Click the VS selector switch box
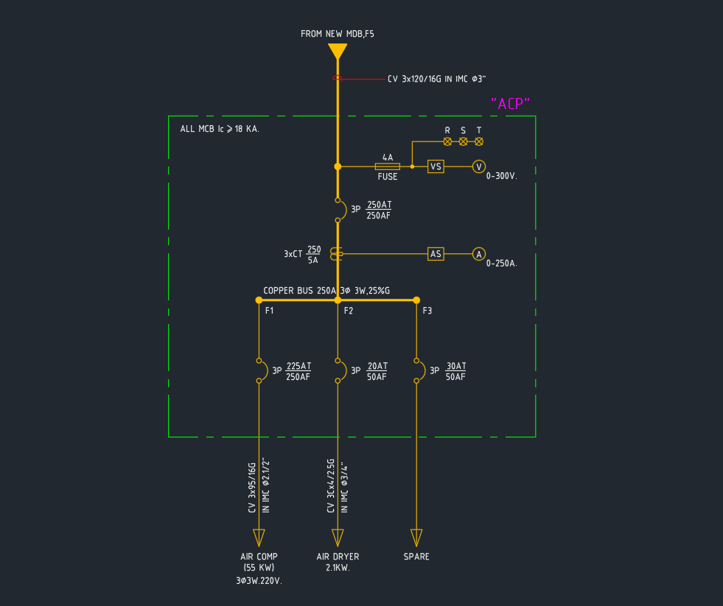click(x=436, y=166)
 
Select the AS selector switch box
click(x=436, y=254)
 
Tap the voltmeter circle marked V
click(x=479, y=166)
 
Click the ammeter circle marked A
click(x=479, y=254)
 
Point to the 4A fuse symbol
click(x=388, y=167)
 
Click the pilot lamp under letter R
click(x=447, y=141)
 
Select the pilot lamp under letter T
click(x=479, y=141)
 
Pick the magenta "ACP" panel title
click(x=511, y=104)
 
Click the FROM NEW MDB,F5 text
click(x=338, y=34)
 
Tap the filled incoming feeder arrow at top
click(x=338, y=52)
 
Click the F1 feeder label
click(x=270, y=311)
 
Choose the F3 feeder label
click(x=427, y=311)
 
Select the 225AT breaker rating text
click(x=298, y=366)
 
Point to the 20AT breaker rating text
click(x=377, y=366)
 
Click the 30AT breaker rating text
click(x=456, y=366)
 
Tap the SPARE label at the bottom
click(x=416, y=557)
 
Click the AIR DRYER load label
click(x=338, y=557)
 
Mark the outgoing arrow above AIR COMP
click(x=259, y=537)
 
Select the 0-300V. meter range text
click(x=502, y=177)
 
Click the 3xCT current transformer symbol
click(x=337, y=254)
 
